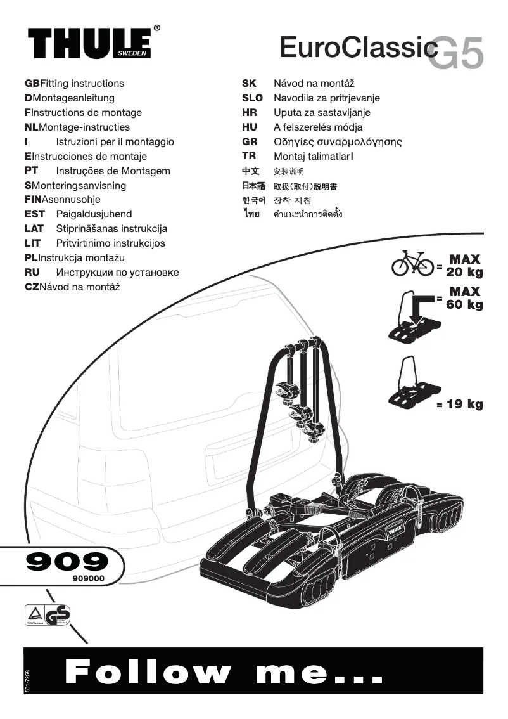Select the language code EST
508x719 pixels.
(x=34, y=214)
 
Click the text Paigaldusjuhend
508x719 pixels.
(x=94, y=214)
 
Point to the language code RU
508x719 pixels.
(x=32, y=273)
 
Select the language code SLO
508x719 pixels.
(x=252, y=98)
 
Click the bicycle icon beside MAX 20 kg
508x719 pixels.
(x=412, y=265)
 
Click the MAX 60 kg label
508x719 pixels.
(x=464, y=298)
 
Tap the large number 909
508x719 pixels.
(x=67, y=560)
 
